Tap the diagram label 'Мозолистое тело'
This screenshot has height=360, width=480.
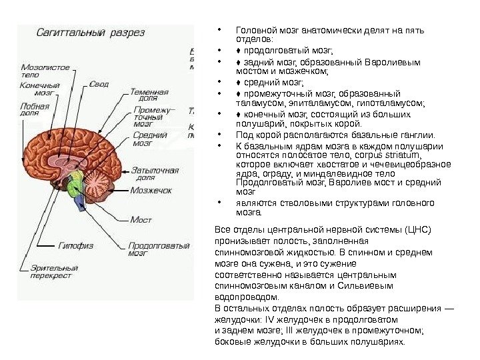point(45,71)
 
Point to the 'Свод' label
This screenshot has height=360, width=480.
point(99,85)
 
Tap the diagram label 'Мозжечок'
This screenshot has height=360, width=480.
point(151,190)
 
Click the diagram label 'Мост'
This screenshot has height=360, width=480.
point(141,219)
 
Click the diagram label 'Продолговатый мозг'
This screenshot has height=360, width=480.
point(159,249)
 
